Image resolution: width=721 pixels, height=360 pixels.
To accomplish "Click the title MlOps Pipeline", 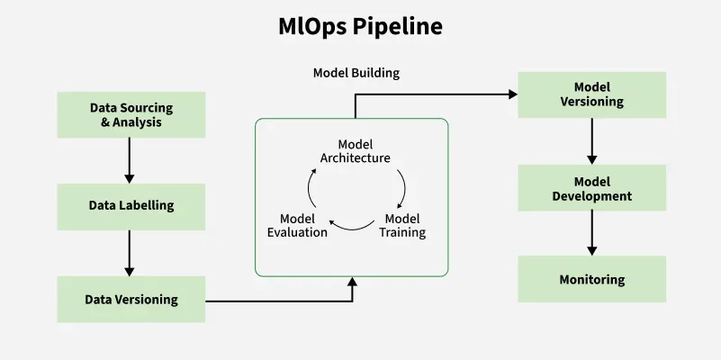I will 360,27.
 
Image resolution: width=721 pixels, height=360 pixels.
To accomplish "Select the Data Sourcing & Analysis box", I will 131,114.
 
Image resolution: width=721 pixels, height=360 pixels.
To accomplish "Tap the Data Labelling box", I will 131,206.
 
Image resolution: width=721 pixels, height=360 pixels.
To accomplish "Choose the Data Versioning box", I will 131,299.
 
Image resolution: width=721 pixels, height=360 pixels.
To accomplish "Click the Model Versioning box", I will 591,94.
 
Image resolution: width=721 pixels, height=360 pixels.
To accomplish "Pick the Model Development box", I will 591,188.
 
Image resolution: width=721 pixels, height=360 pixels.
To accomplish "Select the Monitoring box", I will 591,279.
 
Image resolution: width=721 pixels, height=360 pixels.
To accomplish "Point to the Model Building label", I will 356,72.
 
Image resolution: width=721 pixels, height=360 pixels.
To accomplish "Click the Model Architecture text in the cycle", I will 355,151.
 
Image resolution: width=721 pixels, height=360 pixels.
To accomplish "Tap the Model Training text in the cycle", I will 401,225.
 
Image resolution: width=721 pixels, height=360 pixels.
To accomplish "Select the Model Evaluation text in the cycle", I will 298,225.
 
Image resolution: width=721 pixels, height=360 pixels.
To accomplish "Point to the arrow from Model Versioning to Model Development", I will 591,140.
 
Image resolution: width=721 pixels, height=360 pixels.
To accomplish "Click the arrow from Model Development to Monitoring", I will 591,232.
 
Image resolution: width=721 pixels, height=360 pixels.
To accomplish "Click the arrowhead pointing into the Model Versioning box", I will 512,94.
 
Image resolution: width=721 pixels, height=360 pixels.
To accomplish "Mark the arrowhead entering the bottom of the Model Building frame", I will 352,283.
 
